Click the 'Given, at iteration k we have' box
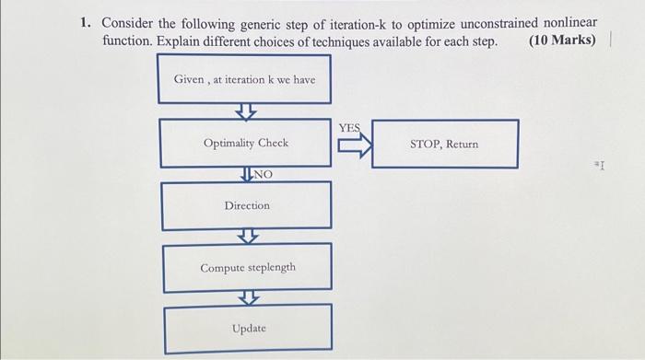(x=244, y=80)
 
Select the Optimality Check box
(x=245, y=143)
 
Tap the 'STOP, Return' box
(x=444, y=145)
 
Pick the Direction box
(x=246, y=205)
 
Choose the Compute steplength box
(x=248, y=267)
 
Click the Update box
(x=249, y=328)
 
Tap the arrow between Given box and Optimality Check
(x=244, y=110)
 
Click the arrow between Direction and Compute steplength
(x=246, y=237)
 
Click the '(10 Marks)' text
(x=562, y=42)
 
